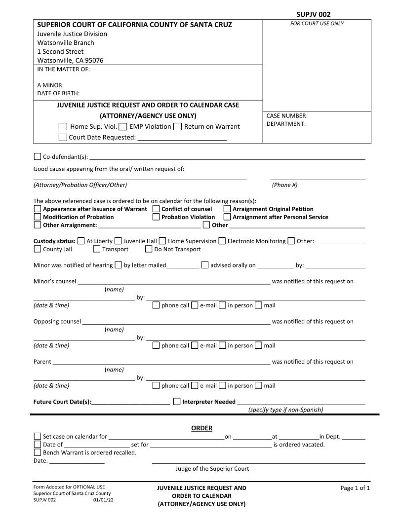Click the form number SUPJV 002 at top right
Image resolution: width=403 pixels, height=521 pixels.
tap(313, 14)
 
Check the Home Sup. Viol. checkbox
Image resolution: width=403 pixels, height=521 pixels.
tap(63, 127)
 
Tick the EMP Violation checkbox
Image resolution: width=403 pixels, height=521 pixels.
tap(123, 127)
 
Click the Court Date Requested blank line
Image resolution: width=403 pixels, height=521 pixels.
tap(182, 138)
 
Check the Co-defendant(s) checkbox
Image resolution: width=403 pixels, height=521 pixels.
tap(38, 157)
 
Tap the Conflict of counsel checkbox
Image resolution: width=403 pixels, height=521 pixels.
tap(156, 209)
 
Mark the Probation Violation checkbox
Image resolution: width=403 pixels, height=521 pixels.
tap(156, 217)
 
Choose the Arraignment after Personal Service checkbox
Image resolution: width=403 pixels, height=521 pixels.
tap(227, 217)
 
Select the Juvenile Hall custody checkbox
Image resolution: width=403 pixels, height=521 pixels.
tap(118, 241)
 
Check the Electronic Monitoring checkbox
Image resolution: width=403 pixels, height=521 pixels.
tap(222, 241)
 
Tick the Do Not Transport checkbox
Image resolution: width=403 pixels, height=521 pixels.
tap(149, 249)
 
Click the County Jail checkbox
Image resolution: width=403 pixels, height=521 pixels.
tap(38, 249)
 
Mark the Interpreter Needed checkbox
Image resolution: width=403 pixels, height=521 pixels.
tap(177, 402)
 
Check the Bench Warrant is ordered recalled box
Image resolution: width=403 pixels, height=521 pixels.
tap(38, 452)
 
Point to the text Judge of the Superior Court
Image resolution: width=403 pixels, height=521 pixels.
tap(212, 469)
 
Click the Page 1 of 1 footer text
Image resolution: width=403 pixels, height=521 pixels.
tap(355, 488)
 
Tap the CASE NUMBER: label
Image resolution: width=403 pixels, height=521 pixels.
tap(287, 116)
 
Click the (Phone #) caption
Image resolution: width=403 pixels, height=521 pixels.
tap(284, 185)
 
